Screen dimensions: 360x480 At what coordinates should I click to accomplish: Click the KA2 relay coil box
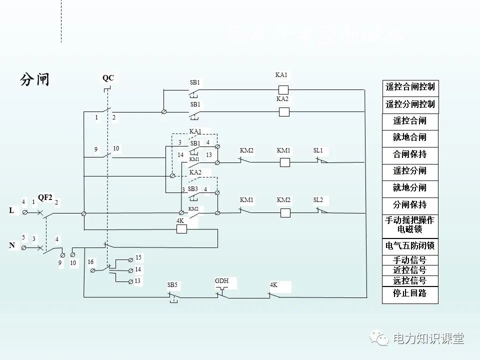point(283,112)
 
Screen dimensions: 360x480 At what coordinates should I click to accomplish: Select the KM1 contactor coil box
point(285,162)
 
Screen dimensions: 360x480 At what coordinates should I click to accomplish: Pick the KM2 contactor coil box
point(285,213)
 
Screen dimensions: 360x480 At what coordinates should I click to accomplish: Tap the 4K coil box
point(182,229)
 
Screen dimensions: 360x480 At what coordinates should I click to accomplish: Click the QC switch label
point(108,78)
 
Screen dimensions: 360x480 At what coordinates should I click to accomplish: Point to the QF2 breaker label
point(45,197)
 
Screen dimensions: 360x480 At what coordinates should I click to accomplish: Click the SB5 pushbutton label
point(172,285)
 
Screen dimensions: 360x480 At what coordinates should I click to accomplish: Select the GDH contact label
point(221,281)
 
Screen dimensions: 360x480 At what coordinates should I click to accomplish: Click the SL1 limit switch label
point(318,150)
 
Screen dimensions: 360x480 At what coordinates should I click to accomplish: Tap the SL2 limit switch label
point(318,200)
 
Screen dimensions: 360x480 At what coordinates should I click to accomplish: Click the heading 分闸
point(35,79)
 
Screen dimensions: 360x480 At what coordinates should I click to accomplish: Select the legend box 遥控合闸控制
point(410,87)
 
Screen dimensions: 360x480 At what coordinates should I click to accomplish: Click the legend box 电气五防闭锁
point(410,246)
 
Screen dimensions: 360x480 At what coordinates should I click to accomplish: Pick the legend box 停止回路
point(410,294)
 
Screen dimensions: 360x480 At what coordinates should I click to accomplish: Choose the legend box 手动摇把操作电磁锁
point(410,225)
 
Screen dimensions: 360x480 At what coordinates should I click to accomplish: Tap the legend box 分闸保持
point(410,205)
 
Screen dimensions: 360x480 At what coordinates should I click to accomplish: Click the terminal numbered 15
point(138,257)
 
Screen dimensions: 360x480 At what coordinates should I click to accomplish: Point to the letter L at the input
point(11,211)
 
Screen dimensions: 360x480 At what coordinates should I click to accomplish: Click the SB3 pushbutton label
point(193,189)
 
